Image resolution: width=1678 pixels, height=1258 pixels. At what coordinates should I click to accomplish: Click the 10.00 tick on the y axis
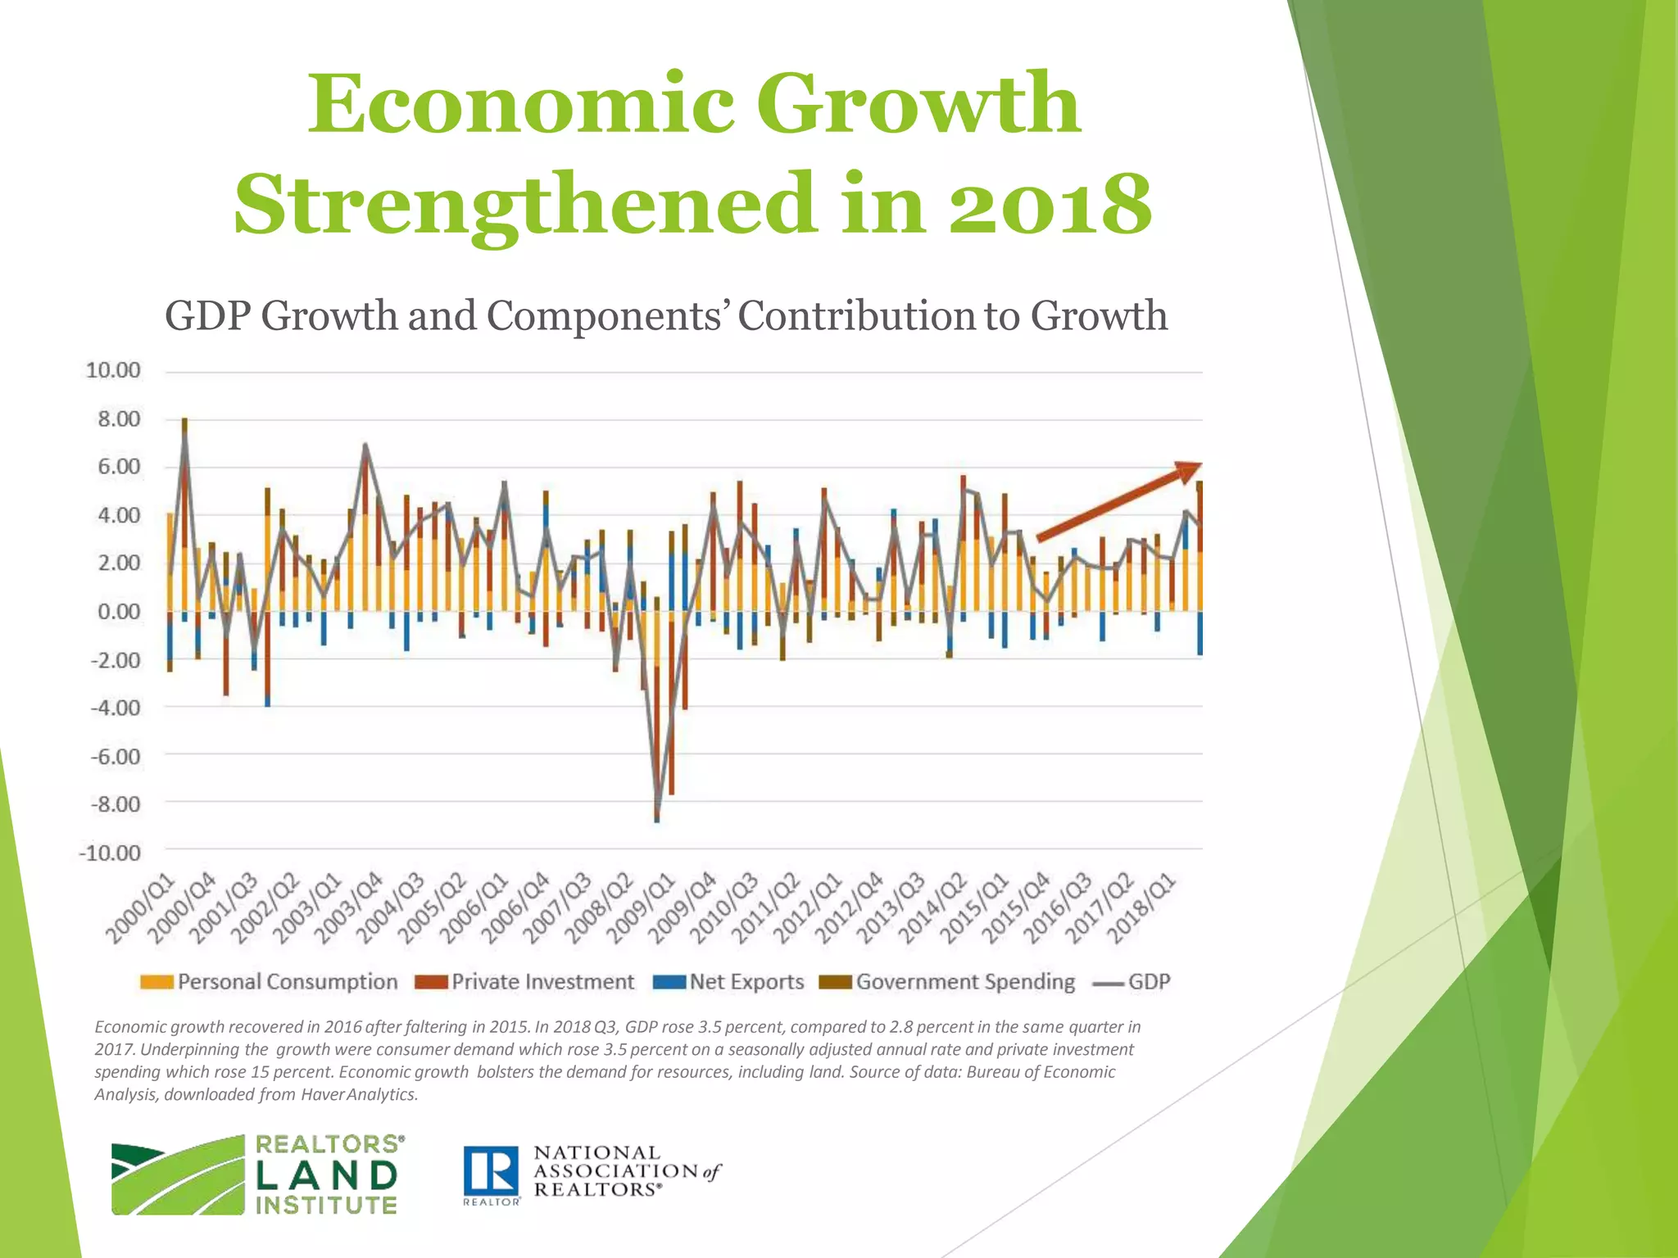pos(113,371)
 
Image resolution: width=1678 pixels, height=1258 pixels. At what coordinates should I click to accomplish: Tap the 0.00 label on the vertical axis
pos(119,612)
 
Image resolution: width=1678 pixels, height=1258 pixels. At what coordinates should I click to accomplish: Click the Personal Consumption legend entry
pos(270,982)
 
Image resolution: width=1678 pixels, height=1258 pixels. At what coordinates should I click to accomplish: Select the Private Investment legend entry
pos(526,982)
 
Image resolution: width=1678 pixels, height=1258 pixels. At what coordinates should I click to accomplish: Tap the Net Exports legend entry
pos(729,982)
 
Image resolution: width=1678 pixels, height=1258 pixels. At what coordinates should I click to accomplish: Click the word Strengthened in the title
pos(525,203)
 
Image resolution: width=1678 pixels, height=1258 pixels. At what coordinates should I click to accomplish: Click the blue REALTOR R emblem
pos(491,1170)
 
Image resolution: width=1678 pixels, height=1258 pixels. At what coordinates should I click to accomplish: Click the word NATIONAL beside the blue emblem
pos(596,1153)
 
